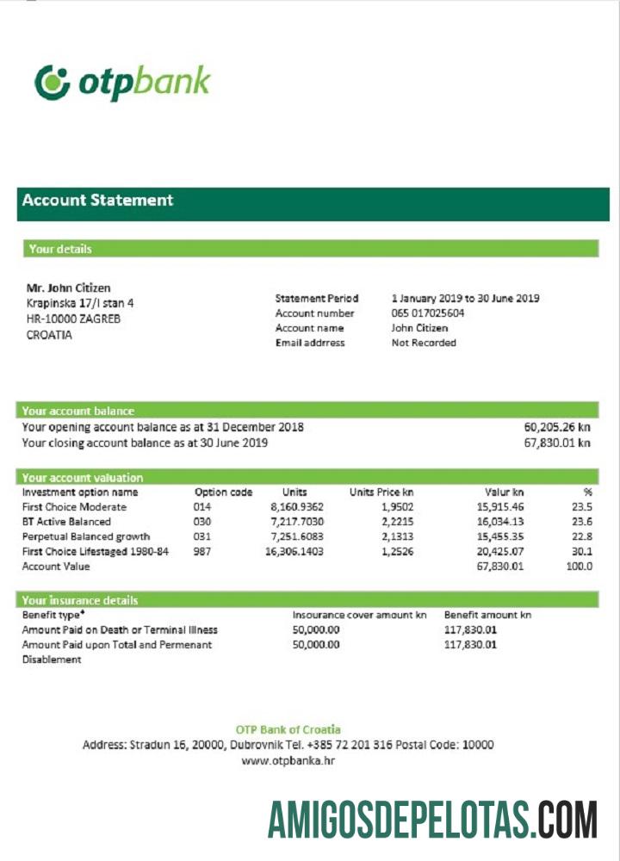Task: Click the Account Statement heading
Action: (97, 201)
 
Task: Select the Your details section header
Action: (60, 249)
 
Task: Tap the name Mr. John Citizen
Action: (68, 288)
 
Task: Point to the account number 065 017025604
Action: (428, 313)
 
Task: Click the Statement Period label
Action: (316, 299)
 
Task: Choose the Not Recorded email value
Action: (424, 343)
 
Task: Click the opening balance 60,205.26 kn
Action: (557, 427)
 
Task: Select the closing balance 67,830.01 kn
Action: (557, 443)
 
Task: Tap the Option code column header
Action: (223, 492)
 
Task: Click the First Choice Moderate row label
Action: (74, 507)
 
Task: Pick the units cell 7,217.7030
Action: (296, 522)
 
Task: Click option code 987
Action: (202, 552)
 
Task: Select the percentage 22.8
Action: (582, 537)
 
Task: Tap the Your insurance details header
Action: (80, 600)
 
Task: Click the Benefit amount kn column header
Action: (487, 616)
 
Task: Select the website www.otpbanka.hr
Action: (288, 760)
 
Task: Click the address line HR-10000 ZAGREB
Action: (73, 319)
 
